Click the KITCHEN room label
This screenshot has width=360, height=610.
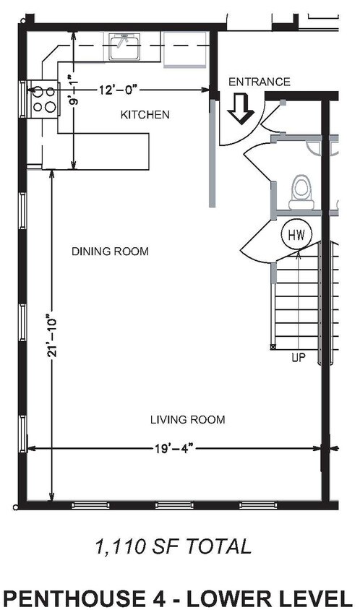point(145,115)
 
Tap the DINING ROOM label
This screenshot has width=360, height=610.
point(110,252)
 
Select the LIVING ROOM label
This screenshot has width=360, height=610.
point(187,420)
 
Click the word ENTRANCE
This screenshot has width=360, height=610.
point(260,82)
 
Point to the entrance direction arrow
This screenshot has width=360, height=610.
point(241,109)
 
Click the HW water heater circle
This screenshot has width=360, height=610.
point(296,235)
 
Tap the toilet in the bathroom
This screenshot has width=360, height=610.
point(301,192)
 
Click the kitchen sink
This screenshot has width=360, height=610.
point(124,47)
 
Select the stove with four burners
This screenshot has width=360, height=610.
point(43,99)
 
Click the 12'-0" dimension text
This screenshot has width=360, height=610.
point(119,90)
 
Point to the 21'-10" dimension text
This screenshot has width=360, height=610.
point(53,335)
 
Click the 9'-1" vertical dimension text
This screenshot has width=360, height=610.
point(73,90)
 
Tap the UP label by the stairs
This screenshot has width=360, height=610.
point(299,358)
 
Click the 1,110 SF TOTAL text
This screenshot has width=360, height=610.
point(173,546)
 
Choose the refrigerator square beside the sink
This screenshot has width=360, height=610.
point(185,50)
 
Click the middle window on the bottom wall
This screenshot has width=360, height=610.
point(174,505)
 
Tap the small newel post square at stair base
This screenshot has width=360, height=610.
point(273,346)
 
